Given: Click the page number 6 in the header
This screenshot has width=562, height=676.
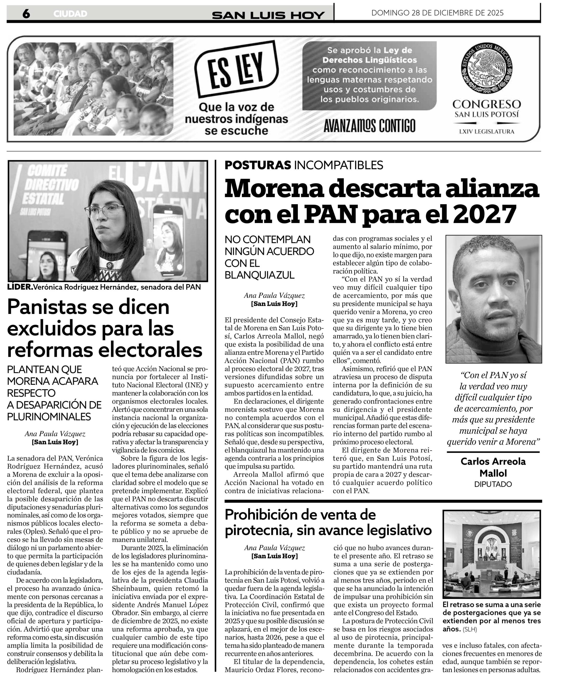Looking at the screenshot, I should tap(26, 13).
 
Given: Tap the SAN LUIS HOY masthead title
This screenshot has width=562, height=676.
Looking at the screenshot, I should tap(268, 15).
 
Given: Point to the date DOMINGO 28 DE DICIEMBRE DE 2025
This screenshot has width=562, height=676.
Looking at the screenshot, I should tap(437, 13).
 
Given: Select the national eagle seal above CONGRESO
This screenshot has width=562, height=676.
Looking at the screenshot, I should tap(486, 69).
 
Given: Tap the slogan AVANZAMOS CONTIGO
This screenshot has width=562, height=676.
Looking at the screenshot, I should tap(369, 125).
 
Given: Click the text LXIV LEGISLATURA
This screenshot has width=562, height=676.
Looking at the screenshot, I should tap(486, 131).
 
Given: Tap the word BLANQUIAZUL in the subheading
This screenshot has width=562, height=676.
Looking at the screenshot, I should tap(260, 275).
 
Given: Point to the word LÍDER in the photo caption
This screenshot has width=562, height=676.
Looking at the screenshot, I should tap(20, 287).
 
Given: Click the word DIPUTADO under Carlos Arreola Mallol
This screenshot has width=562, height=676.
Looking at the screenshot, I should tap(493, 484).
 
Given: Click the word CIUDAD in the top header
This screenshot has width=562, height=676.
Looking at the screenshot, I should tap(70, 14).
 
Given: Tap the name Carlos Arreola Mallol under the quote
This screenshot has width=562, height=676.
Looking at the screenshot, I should tap(493, 467).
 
